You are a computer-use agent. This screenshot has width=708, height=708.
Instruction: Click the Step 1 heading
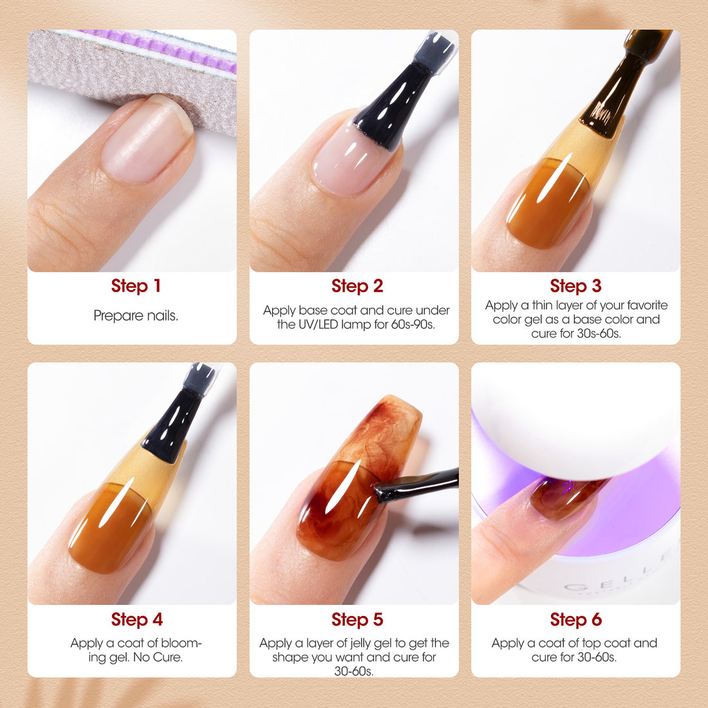(136, 286)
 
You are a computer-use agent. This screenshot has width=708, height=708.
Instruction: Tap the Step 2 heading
(357, 286)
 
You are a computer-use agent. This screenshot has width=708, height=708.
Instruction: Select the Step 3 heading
(575, 286)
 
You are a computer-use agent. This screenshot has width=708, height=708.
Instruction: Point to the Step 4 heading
(137, 619)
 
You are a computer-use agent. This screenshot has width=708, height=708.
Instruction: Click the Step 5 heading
(357, 619)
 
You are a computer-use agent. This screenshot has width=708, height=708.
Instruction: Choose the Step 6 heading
(575, 619)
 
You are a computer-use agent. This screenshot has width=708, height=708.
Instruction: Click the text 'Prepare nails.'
(136, 315)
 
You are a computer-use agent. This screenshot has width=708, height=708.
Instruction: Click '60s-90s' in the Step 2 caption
(413, 324)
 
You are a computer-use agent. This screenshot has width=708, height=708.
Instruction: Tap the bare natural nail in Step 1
(147, 140)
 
